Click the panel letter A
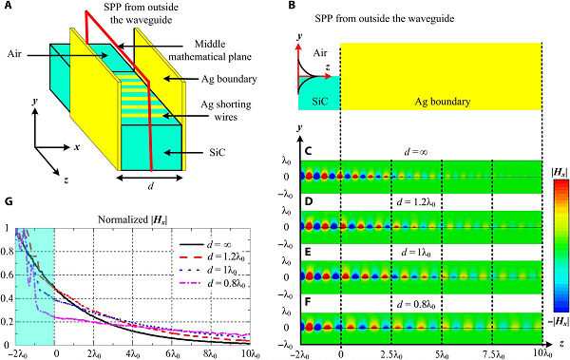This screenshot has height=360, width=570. [x=8, y=6]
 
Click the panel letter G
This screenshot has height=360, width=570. [x=8, y=201]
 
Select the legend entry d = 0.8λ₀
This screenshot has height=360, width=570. [x=212, y=282]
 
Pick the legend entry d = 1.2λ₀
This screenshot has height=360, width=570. [x=212, y=257]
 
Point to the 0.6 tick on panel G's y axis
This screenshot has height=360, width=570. [x=7, y=275]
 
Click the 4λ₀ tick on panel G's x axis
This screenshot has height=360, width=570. [x=133, y=353]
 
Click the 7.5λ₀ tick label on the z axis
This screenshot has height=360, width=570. [x=492, y=353]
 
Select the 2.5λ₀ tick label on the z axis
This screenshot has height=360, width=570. [x=391, y=353]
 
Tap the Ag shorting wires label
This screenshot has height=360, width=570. [x=226, y=110]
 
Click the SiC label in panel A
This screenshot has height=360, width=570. [x=218, y=152]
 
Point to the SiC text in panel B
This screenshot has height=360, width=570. [x=320, y=101]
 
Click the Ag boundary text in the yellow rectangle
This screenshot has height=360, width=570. [x=443, y=102]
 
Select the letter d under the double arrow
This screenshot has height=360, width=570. [x=150, y=186]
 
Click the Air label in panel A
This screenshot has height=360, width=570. [x=14, y=54]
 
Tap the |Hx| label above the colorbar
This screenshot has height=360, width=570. [x=560, y=174]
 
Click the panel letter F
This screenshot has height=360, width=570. [x=307, y=302]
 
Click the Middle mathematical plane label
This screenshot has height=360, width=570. [x=210, y=50]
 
